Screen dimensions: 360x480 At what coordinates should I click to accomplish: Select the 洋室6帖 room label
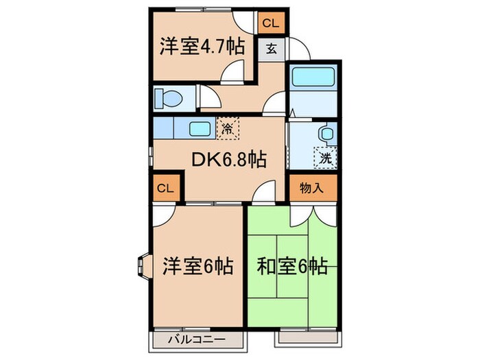(197, 265)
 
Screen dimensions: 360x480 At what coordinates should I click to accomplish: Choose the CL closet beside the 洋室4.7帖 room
(271, 23)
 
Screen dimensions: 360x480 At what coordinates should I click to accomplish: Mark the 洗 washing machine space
(325, 158)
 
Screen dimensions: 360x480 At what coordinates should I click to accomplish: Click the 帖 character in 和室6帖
(317, 265)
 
